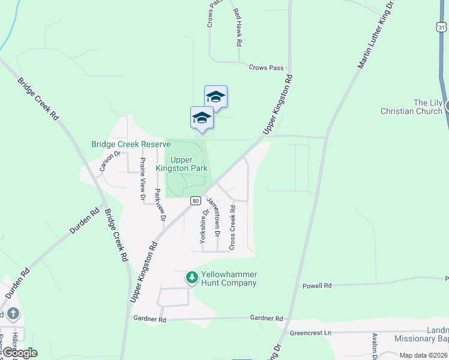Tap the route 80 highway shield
pyautogui.click(x=196, y=201)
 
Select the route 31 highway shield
pyautogui.click(x=441, y=28)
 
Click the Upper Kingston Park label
pyautogui.click(x=181, y=164)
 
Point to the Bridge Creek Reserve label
pyautogui.click(x=131, y=145)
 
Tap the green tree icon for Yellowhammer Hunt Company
pyautogui.click(x=192, y=277)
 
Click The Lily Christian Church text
pyautogui.click(x=412, y=107)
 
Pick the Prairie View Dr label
pyautogui.click(x=143, y=178)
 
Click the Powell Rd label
pyautogui.click(x=316, y=286)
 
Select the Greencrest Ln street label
pyautogui.click(x=310, y=332)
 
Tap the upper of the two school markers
pyautogui.click(x=215, y=97)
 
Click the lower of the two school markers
pyautogui.click(x=202, y=118)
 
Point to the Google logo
pyautogui.click(x=19, y=353)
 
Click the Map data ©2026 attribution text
pyautogui.click(x=423, y=355)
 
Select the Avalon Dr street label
pyautogui.click(x=374, y=346)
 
